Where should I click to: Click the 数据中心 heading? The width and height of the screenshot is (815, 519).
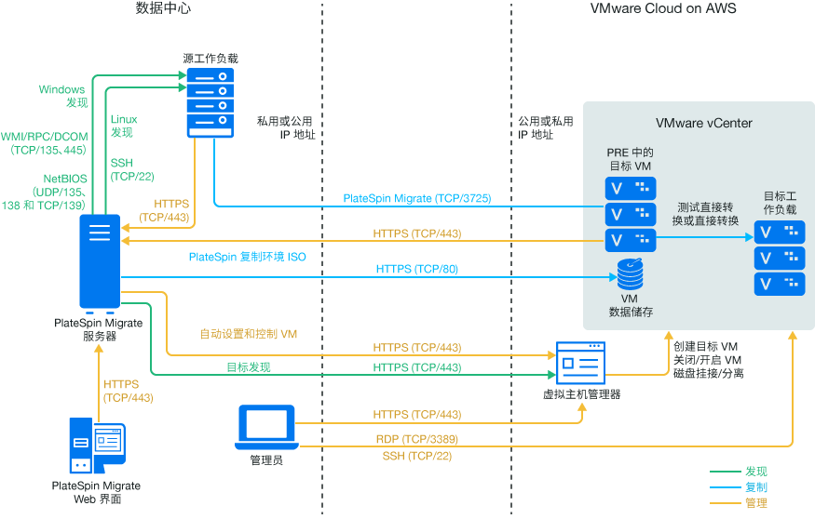[x=165, y=9]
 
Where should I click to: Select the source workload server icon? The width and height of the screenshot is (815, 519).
[x=212, y=100]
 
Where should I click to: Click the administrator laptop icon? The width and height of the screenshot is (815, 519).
[x=266, y=424]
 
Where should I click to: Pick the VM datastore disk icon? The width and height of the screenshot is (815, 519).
[x=630, y=273]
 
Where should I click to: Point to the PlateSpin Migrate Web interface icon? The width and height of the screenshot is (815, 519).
[x=96, y=446]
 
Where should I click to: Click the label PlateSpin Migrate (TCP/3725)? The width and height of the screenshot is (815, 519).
[x=416, y=198]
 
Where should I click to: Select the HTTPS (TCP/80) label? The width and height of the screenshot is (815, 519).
[x=416, y=269]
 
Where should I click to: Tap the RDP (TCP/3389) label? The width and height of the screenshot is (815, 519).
[x=416, y=438]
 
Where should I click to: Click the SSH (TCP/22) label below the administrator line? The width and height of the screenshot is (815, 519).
[x=416, y=456]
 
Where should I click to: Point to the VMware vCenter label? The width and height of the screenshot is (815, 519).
[x=703, y=123]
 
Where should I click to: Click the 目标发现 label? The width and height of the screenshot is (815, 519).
[x=249, y=367]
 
